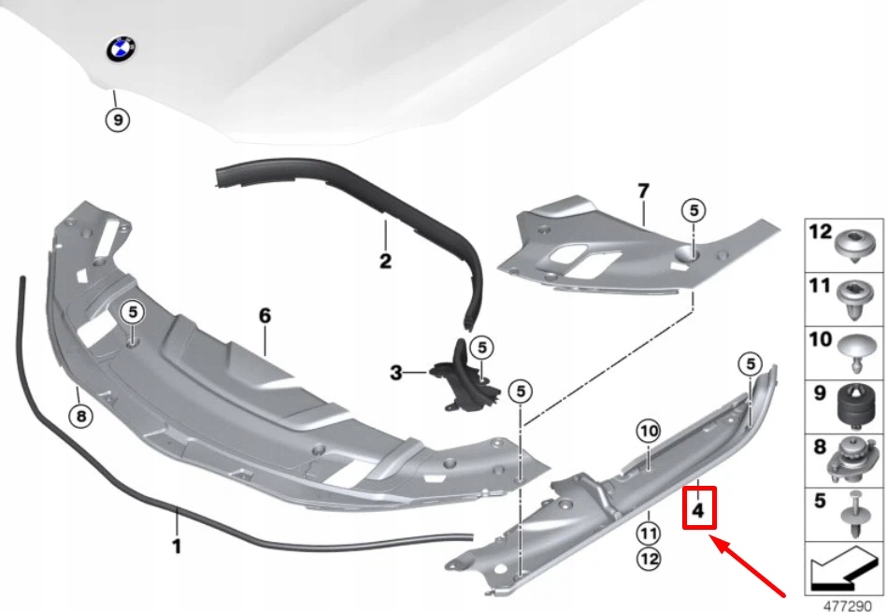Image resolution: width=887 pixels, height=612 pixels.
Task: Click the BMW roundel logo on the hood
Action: point(122,51)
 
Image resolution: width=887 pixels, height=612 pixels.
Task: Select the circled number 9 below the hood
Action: point(117,120)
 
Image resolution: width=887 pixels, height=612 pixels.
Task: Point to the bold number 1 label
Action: point(177,546)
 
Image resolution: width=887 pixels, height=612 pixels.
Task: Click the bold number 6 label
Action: point(265,316)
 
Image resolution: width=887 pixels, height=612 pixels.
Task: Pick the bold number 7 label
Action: point(642,192)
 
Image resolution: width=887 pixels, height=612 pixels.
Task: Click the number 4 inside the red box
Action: point(699,511)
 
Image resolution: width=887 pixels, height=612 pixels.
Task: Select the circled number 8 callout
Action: point(81,417)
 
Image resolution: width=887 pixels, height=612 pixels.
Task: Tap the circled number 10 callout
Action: point(649,431)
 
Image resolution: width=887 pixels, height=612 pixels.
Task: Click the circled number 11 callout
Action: point(649,534)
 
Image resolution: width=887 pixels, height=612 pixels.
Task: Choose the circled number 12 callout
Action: point(649,559)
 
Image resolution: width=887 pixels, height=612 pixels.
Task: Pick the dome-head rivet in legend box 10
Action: point(854,349)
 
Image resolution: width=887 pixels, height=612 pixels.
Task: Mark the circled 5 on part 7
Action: point(693,210)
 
